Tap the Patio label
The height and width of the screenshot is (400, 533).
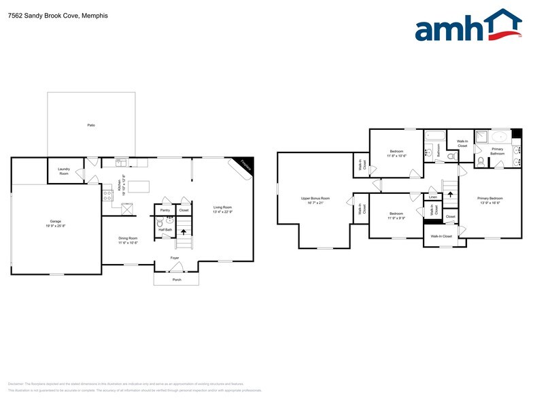(x=90, y=125)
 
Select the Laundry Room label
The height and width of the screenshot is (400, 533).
(x=64, y=172)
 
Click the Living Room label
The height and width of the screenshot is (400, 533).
(x=223, y=209)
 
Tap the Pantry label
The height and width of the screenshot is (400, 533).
(x=165, y=211)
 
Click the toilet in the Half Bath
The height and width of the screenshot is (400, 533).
(x=160, y=222)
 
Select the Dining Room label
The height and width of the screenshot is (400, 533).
(x=128, y=239)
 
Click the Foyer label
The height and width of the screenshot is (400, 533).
(x=175, y=258)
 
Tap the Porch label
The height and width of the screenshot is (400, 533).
(x=176, y=280)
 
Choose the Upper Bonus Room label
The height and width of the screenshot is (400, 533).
(x=315, y=199)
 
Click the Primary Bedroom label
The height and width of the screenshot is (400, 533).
(x=489, y=199)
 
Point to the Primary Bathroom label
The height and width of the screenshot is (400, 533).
(x=498, y=151)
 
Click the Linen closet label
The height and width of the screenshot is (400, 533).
(x=433, y=197)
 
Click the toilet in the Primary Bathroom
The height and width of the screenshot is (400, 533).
(x=481, y=161)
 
